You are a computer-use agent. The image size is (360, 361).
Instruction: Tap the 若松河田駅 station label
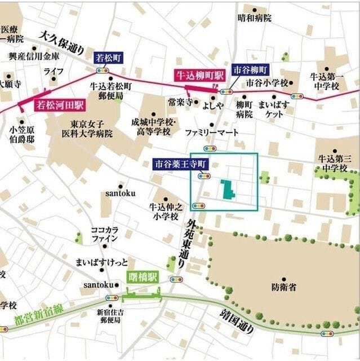tap(59, 105)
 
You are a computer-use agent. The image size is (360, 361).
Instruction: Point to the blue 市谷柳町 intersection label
tap(251, 69)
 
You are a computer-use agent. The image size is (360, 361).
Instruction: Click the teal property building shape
tap(228, 190)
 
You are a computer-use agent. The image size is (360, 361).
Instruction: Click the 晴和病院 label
tap(255, 18)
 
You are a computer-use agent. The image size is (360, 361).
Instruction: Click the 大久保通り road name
tap(61, 42)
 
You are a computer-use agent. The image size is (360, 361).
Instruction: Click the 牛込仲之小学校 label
tap(164, 211)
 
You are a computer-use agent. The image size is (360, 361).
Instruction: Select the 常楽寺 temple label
tap(180, 103)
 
